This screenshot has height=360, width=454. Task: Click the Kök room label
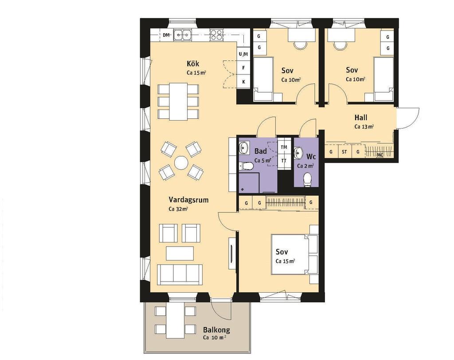(193, 63)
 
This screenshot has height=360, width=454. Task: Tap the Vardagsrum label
(188, 200)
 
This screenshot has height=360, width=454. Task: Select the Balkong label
(216, 329)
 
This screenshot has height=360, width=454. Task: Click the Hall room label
(361, 117)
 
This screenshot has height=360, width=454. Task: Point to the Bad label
(261, 151)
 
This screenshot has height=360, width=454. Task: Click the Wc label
(311, 157)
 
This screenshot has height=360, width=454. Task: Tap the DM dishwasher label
(166, 35)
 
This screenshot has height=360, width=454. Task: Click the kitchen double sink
(182, 35)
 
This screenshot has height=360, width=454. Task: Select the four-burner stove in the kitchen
(216, 35)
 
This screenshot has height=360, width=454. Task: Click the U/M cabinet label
(243, 54)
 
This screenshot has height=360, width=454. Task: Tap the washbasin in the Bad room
(244, 148)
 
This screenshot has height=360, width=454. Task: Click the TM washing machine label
(284, 147)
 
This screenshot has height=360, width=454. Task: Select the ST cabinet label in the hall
(344, 152)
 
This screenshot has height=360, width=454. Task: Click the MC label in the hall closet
(380, 155)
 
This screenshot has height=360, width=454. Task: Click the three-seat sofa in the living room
(180, 274)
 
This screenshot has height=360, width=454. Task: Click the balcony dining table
(176, 320)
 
